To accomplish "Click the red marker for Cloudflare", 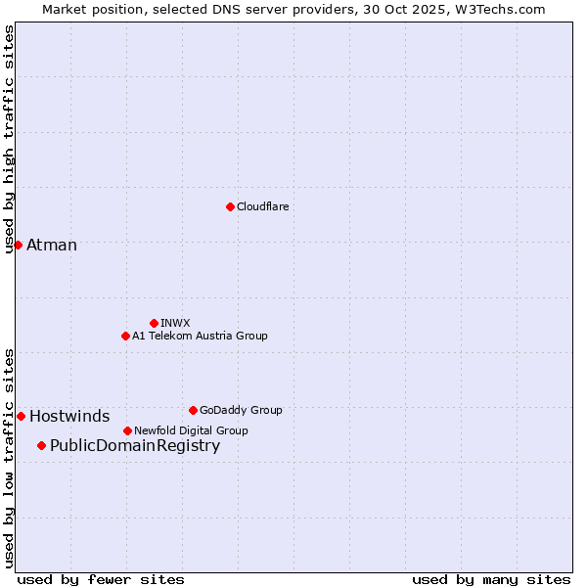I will (x=230, y=206).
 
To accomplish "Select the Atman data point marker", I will (x=18, y=245).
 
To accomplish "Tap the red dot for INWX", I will (x=154, y=323).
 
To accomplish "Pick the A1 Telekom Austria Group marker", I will (x=125, y=336).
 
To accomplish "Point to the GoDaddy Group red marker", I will (x=193, y=410).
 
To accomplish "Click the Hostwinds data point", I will (x=21, y=416).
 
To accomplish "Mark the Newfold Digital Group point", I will (x=127, y=430).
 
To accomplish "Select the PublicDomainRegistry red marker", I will (x=41, y=446).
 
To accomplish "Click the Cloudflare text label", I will (x=262, y=206).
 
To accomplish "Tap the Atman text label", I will (x=52, y=245).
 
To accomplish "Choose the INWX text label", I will (x=175, y=323).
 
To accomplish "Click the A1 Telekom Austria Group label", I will (x=200, y=336).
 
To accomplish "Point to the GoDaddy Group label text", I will (x=241, y=410).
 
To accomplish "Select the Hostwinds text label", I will (x=69, y=416).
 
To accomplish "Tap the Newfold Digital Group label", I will (x=191, y=430).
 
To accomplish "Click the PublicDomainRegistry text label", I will (x=135, y=446).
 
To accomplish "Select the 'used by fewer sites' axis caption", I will (x=101, y=579).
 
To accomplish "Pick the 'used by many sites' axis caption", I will (x=491, y=579).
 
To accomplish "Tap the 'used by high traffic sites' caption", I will (x=9, y=139).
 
